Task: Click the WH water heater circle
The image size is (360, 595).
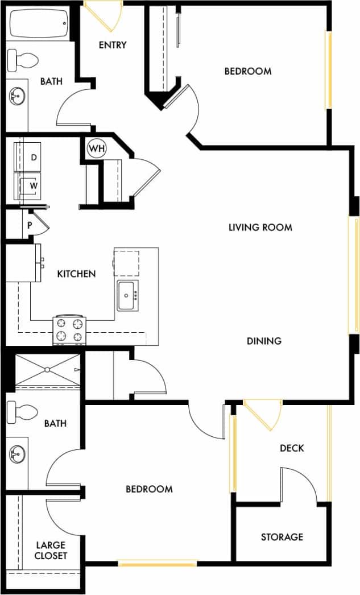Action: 97,148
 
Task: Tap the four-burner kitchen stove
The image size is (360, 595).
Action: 69,330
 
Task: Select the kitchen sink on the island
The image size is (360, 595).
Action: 126,295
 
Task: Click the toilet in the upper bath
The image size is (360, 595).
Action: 23,59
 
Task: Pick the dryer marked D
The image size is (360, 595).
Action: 34,158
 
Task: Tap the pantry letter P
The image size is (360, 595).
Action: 30,225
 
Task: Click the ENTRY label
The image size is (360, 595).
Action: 112,46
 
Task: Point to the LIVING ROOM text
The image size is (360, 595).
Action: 260,228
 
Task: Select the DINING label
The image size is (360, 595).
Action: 264,341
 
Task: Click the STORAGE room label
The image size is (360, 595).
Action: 282,537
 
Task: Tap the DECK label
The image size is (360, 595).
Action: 292,448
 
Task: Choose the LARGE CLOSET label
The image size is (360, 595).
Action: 51,550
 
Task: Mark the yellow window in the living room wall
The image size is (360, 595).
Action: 353,275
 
